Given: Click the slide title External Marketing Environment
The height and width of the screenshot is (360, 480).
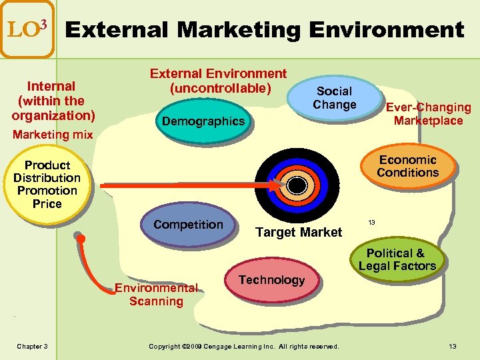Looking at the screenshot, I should coord(264,30).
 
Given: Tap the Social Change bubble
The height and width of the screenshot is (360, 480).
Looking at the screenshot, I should coord(335,98).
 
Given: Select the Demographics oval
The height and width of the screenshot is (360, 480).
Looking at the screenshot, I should coord(203,121).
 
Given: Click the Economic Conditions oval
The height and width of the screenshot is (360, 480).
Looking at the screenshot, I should coord(407,166).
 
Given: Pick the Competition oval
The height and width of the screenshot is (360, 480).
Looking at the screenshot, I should coord(188,225).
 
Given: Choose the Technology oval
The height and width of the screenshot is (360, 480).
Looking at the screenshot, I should coord(271,280).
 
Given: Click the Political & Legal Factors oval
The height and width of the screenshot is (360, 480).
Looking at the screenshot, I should coord(397,259).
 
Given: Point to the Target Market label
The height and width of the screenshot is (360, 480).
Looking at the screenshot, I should coord(299,232).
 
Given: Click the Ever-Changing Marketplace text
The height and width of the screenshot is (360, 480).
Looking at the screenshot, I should coord(428,114).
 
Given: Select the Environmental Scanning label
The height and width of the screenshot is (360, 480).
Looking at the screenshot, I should coord(156,295).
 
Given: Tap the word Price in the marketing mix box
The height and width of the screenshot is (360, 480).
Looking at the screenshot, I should coord(47,203).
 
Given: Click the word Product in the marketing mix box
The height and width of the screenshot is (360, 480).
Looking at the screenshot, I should coord(47,165).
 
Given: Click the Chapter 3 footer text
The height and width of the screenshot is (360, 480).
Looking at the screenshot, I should coord(32,346).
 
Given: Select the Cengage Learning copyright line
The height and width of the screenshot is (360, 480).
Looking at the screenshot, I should coord(244,346).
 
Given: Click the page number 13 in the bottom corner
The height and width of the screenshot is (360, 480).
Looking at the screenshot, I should coord(453,346).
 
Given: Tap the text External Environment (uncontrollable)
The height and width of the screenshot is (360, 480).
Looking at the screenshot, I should coord(218,81).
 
